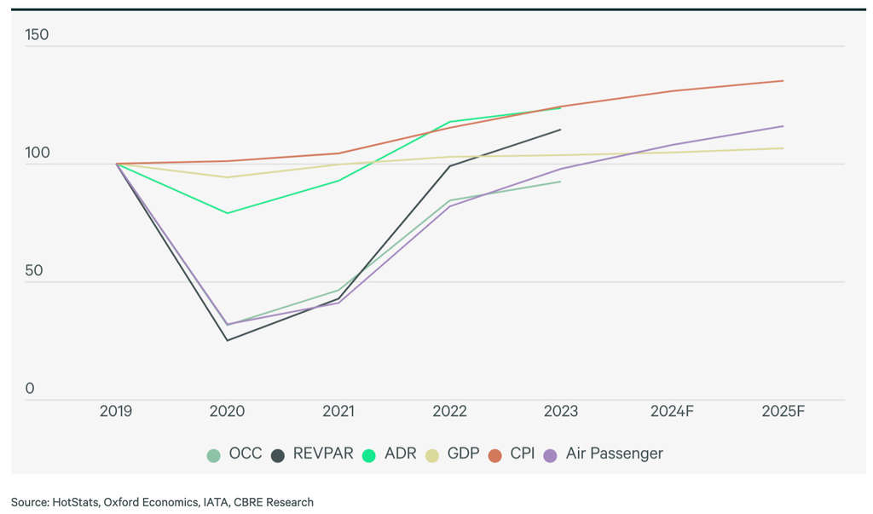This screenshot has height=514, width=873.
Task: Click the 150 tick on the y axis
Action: click(x=37, y=35)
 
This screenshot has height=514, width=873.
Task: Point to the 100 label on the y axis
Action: click(x=37, y=153)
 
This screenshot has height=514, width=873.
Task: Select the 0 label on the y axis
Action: click(x=30, y=389)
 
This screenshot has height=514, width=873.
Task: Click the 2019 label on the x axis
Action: click(x=116, y=411)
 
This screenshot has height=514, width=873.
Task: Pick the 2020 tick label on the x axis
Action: click(x=227, y=411)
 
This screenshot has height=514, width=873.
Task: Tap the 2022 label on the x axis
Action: click(x=449, y=411)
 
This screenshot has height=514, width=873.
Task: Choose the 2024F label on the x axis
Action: click(x=672, y=411)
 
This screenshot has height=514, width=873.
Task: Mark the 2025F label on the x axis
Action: click(x=783, y=411)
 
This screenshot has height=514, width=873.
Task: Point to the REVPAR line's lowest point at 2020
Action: click(x=227, y=341)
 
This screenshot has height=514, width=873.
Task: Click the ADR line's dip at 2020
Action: click(x=227, y=213)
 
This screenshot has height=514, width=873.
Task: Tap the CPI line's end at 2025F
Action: click(x=783, y=81)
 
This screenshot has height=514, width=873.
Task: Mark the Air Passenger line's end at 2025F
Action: click(x=783, y=126)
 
